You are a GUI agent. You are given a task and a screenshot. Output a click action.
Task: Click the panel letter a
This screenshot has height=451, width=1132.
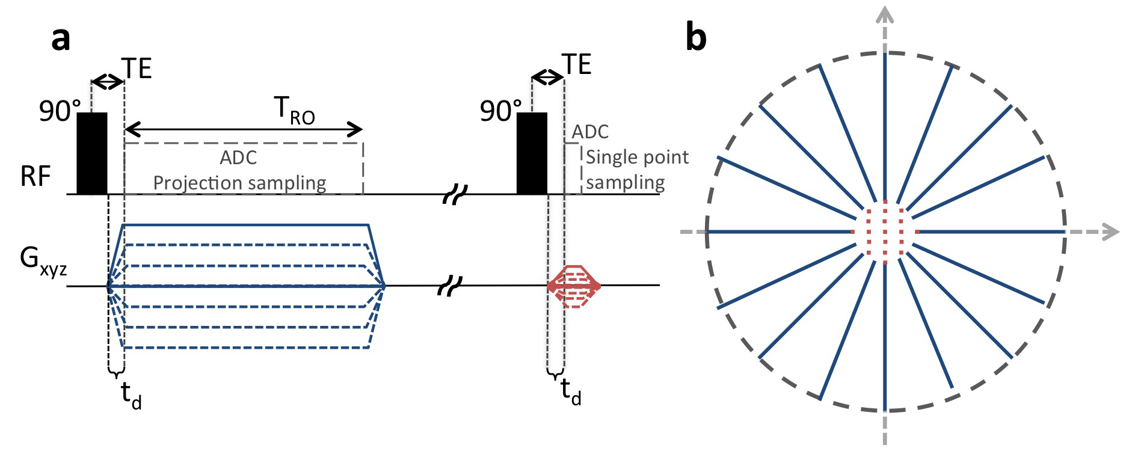point(61,38)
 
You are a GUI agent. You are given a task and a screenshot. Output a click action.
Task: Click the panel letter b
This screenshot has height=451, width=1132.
point(696,37)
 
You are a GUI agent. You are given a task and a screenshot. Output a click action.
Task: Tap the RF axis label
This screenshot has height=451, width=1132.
point(35,176)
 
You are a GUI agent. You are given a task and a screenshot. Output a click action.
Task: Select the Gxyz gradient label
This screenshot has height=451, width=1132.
point(43,261)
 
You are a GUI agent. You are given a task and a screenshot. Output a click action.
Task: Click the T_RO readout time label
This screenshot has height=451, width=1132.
point(295,111)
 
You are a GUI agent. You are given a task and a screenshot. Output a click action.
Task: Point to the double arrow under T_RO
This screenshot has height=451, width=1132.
point(244,129)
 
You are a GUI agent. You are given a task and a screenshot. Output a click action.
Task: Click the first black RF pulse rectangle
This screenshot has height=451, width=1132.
point(92,153)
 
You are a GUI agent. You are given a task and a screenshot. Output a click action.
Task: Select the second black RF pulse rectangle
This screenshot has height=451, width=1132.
point(532,153)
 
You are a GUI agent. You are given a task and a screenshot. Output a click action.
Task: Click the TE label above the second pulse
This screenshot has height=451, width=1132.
point(577,64)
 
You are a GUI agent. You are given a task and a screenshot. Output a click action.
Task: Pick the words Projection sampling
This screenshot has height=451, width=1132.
point(239,182)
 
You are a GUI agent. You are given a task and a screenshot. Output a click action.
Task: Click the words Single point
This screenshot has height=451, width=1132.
point(637,157)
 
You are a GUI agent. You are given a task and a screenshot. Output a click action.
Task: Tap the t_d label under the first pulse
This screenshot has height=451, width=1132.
point(131,394)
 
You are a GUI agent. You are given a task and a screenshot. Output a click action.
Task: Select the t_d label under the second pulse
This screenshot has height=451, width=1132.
point(571,391)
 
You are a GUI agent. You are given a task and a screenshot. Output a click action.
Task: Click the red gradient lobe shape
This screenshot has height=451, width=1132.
point(574,286)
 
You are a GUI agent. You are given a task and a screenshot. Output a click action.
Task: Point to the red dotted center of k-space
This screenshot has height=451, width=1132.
point(885,232)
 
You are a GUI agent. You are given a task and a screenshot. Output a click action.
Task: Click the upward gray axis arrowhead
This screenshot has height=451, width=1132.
point(885,14)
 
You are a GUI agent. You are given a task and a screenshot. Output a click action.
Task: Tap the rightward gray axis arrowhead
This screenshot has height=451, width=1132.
point(1110,232)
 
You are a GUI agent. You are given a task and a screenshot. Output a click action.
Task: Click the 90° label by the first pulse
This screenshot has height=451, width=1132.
point(60,111)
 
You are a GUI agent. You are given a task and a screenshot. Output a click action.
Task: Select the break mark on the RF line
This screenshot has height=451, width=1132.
point(455,195)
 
